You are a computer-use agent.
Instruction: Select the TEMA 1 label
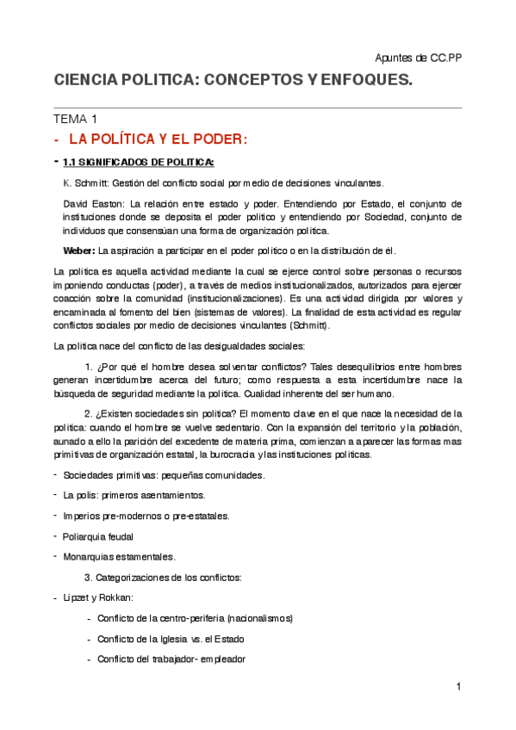(76, 119)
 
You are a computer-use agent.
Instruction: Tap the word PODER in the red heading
(216, 139)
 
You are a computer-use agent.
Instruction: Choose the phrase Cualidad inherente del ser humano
(311, 393)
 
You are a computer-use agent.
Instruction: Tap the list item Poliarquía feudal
(97, 535)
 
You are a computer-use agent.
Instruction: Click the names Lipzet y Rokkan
(97, 597)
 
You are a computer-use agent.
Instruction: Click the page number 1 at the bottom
(459, 686)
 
